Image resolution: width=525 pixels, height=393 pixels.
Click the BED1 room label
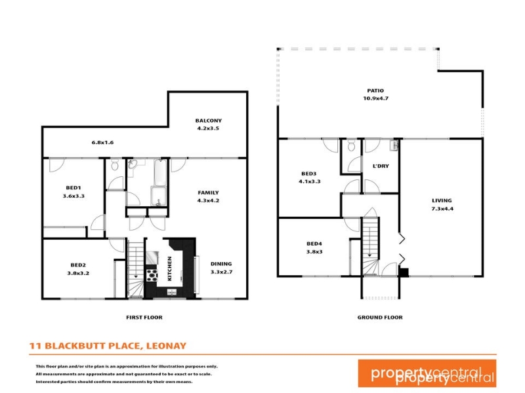pos(73,188)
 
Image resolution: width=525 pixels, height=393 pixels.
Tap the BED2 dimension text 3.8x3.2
pos(78,273)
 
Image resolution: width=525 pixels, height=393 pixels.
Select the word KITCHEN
pos(169,269)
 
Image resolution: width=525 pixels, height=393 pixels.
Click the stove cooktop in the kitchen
pos(152,275)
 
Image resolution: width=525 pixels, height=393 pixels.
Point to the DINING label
pos(221,264)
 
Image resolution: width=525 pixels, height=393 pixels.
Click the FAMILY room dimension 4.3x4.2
pos(208,200)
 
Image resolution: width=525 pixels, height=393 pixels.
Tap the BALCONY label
pos(208,121)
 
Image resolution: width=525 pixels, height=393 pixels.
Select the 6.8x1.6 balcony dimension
pos(102,142)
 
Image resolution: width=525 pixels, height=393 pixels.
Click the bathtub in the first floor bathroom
pos(160,172)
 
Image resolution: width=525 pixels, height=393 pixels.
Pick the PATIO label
pos(375,90)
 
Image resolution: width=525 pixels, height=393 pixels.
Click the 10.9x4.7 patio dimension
pos(375,98)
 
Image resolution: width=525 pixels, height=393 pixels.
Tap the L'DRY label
pos(381,166)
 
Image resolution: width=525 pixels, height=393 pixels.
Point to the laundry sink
pos(394,145)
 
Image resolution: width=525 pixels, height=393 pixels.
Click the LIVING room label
pos(442,200)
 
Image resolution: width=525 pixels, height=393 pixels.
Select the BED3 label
pos(308,174)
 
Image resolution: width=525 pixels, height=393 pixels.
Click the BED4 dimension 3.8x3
pos(314,252)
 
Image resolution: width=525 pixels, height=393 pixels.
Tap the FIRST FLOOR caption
pos(144,317)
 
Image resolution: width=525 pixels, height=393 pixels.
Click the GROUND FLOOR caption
pos(380,317)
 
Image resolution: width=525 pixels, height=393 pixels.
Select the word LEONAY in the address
pos(167,346)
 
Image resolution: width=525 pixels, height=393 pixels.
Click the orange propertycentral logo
pos(427,373)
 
